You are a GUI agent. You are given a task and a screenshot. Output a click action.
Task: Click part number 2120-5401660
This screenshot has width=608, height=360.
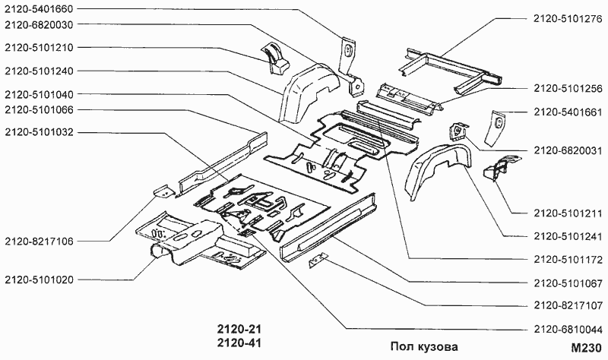39,10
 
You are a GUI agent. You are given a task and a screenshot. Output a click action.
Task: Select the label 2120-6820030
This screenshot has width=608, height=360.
39,25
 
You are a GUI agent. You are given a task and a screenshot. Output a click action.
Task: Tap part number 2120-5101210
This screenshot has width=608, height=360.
39,48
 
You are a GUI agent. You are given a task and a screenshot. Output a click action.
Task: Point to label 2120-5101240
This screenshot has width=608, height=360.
39,71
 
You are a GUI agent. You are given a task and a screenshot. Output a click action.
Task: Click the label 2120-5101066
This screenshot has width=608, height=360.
39,109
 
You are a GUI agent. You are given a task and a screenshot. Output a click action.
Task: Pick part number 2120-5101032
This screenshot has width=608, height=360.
39,132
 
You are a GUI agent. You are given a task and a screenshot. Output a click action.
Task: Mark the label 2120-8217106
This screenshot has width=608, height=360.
39,242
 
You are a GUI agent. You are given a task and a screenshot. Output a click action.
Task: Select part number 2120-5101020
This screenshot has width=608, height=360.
39,279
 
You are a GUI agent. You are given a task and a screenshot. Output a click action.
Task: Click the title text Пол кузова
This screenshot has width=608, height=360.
424,346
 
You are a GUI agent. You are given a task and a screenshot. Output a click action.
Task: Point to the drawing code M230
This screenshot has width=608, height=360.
585,347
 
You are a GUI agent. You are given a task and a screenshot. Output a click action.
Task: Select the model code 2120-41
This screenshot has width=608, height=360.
235,343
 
